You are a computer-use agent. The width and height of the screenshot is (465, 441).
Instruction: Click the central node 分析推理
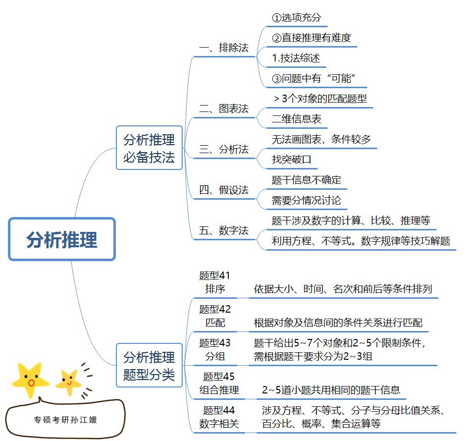pyautogui.click(x=62, y=239)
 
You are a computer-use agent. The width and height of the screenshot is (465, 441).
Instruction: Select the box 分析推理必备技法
pyautogui.click(x=149, y=148)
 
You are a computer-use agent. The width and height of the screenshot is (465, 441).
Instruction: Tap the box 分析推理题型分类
pyautogui.click(x=149, y=365)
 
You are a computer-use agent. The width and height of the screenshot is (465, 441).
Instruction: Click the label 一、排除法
pyautogui.click(x=224, y=48)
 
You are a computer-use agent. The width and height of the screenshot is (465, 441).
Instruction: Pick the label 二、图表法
pyautogui.click(x=224, y=109)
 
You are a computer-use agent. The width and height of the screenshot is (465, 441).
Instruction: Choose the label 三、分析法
pyautogui.click(x=224, y=149)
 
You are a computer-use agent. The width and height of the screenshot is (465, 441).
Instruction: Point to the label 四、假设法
pyautogui.click(x=224, y=190)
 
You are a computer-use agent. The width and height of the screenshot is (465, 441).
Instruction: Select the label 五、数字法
pyautogui.click(x=224, y=230)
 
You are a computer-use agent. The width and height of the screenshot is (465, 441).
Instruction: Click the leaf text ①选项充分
pyautogui.click(x=297, y=18)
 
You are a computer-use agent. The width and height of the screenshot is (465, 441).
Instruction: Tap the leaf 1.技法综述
pyautogui.click(x=296, y=58)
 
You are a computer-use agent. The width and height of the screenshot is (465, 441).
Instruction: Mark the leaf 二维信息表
pyautogui.click(x=297, y=119)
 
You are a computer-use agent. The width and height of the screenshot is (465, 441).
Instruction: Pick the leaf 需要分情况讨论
pyautogui.click(x=306, y=201)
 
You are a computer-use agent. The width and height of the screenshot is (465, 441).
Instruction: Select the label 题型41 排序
pyautogui.click(x=215, y=282)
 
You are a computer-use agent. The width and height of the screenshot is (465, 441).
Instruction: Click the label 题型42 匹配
pyautogui.click(x=215, y=316)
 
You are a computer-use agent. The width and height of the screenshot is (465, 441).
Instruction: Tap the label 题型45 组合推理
pyautogui.click(x=219, y=384)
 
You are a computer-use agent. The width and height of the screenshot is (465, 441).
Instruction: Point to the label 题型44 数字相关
pyautogui.click(x=219, y=417)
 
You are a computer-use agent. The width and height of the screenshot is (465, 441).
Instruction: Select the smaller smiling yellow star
pyautogui.click(x=68, y=381)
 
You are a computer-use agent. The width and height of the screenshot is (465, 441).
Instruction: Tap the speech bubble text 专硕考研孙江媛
pyautogui.click(x=65, y=420)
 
